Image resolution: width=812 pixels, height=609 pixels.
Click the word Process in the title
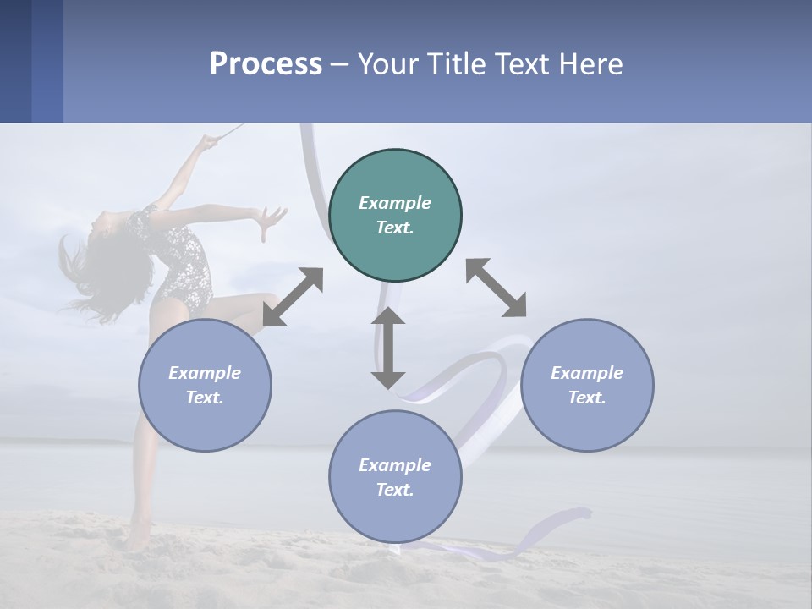click(x=266, y=64)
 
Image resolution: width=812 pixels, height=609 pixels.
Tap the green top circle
click(x=395, y=215)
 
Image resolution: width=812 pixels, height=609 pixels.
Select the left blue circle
click(x=205, y=385)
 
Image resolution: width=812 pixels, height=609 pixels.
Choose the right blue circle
click(x=587, y=385)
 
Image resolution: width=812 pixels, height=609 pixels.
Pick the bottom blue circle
click(x=395, y=476)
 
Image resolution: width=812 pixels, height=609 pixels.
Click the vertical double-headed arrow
click(x=388, y=348)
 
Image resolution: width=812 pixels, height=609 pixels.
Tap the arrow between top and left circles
click(x=293, y=297)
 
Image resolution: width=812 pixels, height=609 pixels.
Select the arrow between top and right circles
click(x=496, y=288)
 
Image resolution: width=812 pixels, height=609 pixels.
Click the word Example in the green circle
click(x=395, y=203)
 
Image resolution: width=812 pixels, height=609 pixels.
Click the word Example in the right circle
click(x=587, y=373)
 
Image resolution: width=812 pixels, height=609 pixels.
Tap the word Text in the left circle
click(x=204, y=398)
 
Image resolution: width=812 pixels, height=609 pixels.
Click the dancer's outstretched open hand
click(x=272, y=222)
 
